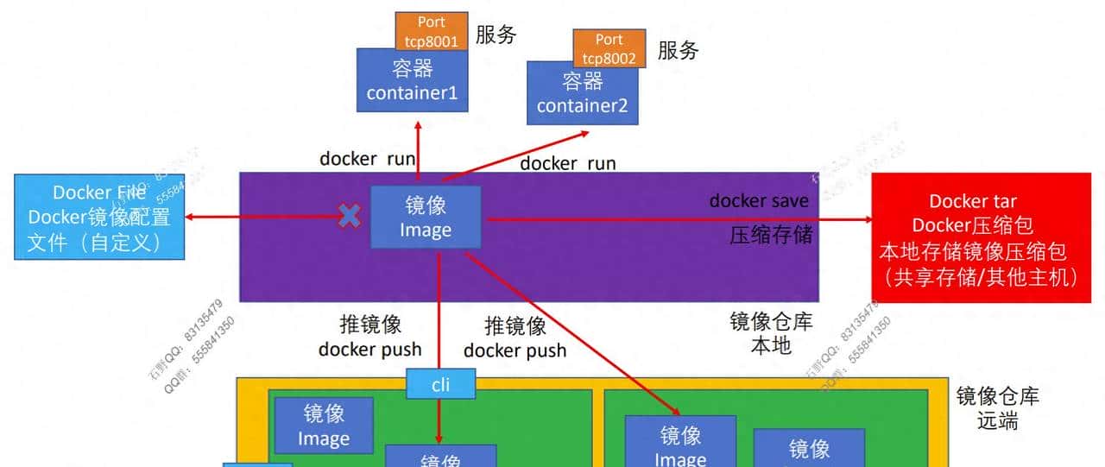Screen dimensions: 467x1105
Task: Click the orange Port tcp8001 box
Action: click(432, 31)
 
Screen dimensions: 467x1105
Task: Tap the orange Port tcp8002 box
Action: click(609, 48)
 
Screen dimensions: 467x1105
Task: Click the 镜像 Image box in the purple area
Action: click(426, 218)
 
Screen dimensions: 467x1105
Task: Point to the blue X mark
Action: click(349, 216)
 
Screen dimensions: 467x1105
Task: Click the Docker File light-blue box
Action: click(99, 217)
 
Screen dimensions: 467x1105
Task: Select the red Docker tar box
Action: click(981, 238)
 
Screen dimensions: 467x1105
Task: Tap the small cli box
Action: click(440, 384)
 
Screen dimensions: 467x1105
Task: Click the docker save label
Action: click(759, 201)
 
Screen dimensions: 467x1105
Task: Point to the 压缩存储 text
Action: click(771, 235)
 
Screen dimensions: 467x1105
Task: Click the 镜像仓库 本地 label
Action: click(771, 334)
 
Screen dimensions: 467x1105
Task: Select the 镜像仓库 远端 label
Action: click(997, 408)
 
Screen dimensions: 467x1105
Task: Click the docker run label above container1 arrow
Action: click(367, 159)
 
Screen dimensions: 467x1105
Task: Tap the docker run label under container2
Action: click(567, 162)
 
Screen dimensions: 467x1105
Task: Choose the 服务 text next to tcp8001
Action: click(496, 35)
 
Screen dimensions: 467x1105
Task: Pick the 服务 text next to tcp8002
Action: click(678, 50)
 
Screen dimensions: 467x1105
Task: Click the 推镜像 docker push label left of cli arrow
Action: click(370, 337)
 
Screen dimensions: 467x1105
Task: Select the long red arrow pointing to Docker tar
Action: click(673, 220)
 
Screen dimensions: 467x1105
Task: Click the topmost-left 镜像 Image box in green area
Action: click(324, 425)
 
